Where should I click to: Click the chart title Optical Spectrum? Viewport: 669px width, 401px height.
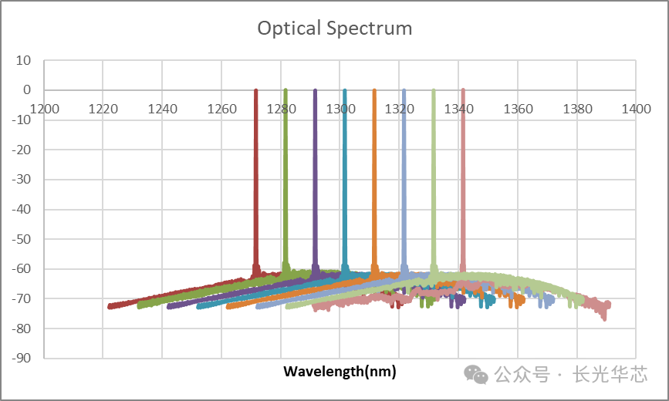(x=334, y=29)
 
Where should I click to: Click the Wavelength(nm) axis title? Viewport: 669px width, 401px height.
(x=340, y=372)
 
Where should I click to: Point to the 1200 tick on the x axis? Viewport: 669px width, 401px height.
(x=44, y=110)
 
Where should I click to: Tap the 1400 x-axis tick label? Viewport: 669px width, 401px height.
(x=636, y=110)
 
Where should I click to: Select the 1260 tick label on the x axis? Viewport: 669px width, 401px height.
(x=221, y=110)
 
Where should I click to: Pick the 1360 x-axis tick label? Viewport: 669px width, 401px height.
(x=518, y=110)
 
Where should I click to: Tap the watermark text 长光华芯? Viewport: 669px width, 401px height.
(x=610, y=375)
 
